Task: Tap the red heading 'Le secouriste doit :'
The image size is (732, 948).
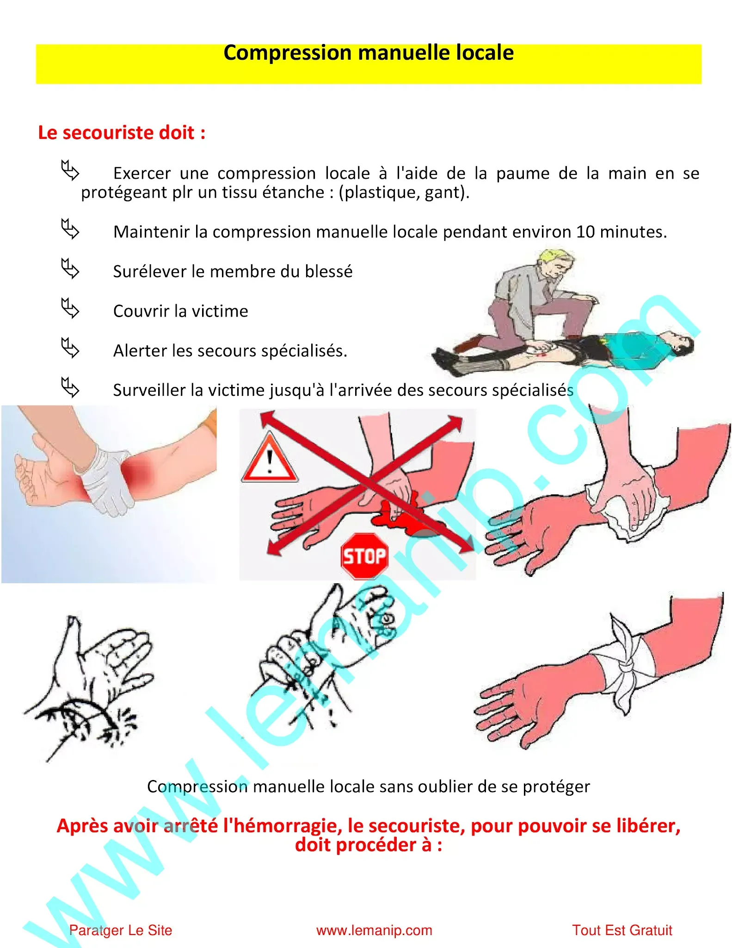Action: pyautogui.click(x=122, y=133)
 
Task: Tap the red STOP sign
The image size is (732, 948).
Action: pyautogui.click(x=364, y=555)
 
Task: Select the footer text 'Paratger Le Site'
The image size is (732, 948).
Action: pyautogui.click(x=121, y=930)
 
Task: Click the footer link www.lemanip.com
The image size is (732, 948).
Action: pyautogui.click(x=374, y=930)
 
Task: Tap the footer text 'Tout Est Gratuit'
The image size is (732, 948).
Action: pyautogui.click(x=622, y=930)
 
